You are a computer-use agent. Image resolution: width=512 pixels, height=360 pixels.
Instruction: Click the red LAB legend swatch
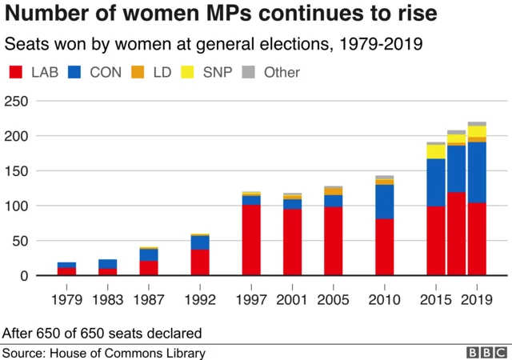point(14,73)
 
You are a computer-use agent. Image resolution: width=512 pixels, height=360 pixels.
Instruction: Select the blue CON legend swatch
point(76,73)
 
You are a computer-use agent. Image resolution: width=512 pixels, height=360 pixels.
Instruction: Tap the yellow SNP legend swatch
point(193,73)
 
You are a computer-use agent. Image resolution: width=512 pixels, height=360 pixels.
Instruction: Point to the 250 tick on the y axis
point(18,101)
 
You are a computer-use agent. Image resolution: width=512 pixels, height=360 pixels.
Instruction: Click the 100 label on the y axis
point(18,206)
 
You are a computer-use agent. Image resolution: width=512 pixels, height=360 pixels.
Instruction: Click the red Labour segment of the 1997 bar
point(251,240)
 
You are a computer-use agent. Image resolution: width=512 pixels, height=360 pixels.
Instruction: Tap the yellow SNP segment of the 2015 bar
point(436,151)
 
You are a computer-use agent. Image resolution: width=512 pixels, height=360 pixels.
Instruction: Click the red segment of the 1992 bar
point(200,262)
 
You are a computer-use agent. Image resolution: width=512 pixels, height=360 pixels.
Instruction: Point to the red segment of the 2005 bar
point(333,241)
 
